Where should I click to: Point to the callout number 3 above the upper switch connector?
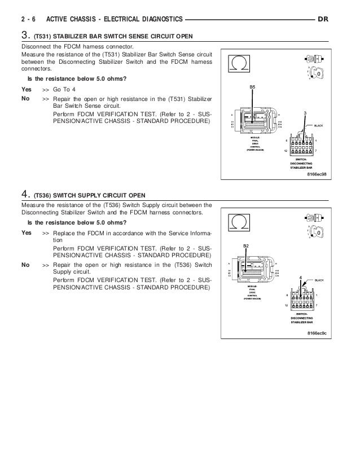pyautogui.click(x=305, y=113)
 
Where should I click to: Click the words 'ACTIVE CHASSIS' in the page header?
pyautogui.click(x=75, y=20)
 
